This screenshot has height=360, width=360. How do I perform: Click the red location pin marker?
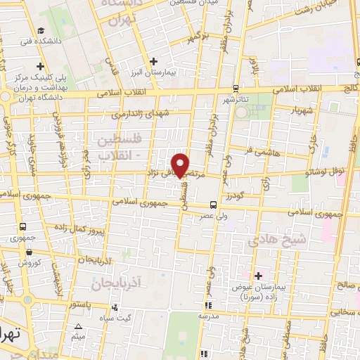tap(181, 165)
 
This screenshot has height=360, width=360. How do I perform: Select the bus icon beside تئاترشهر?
tap(235, 89)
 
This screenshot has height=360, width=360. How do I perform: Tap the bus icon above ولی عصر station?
tap(213, 205)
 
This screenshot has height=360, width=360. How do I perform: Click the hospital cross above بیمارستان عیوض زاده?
tap(258, 276)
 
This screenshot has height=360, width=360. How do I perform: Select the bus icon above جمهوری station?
tap(24, 227)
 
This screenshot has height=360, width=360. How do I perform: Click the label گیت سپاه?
tap(115, 319)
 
